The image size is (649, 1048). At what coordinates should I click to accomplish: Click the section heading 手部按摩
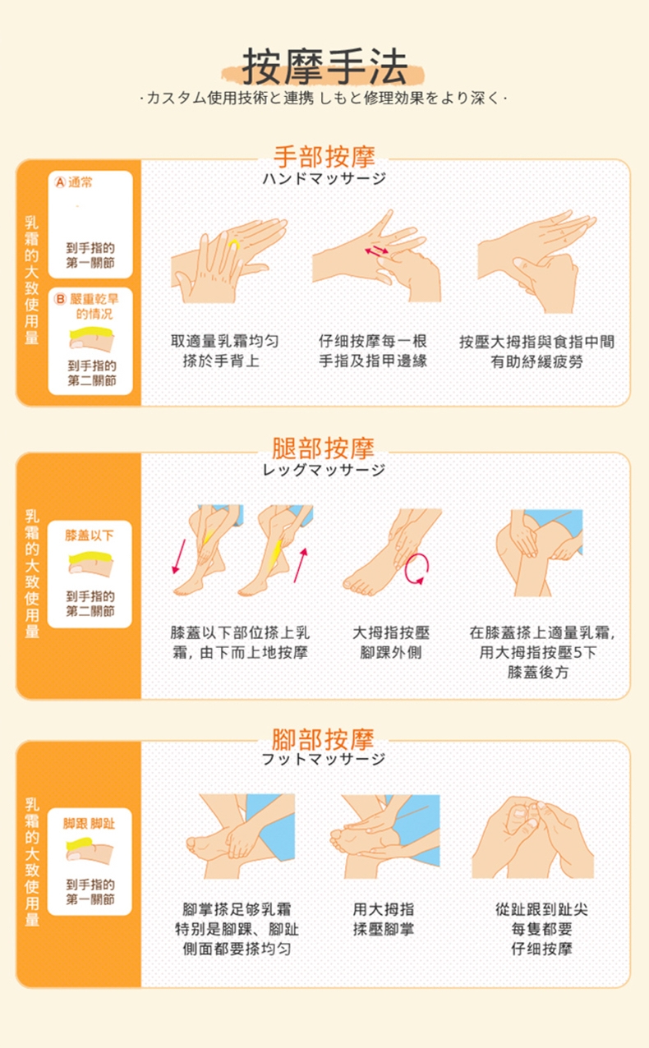tap(324, 156)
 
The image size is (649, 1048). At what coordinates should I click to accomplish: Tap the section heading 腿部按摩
tap(324, 448)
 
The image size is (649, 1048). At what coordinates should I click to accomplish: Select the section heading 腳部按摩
tap(324, 738)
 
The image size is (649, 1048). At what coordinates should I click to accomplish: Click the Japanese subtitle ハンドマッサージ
tap(324, 178)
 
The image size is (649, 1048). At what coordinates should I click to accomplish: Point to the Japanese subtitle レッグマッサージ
tap(324, 470)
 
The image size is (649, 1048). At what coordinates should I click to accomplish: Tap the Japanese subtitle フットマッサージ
tap(324, 760)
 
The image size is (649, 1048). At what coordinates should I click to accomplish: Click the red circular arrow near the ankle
tap(417, 568)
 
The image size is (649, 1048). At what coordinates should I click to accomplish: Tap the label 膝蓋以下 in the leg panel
tap(90, 535)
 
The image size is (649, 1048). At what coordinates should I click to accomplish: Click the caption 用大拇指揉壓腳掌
tap(384, 919)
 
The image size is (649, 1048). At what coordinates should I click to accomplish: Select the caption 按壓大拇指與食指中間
tap(536, 342)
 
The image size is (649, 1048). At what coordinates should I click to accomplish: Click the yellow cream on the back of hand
tap(234, 245)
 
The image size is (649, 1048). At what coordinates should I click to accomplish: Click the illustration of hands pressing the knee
tap(538, 552)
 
